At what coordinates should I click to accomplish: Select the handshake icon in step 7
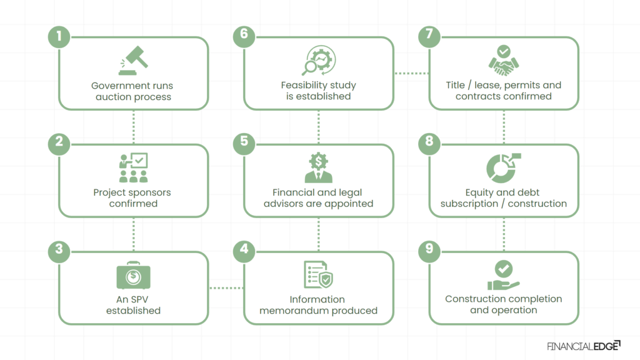[503, 61]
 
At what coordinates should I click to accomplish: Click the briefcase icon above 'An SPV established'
[133, 276]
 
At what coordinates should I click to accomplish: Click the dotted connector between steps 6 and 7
[411, 74]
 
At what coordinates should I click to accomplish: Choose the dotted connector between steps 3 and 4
[226, 288]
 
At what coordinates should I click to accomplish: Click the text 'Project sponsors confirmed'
[133, 198]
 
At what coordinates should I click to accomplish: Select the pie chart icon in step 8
[503, 168]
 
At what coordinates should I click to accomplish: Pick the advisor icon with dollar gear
[318, 168]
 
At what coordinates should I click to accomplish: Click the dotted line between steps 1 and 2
[133, 127]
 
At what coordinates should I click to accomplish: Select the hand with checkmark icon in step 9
[503, 276]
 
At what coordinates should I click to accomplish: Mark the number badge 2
[59, 142]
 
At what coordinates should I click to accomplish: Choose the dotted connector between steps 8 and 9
[503, 234]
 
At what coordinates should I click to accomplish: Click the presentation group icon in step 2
[133, 168]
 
